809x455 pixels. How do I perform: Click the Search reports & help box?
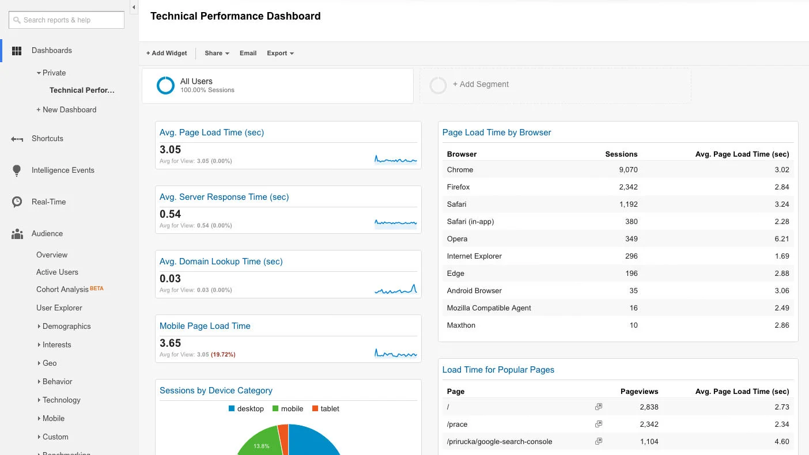[x=67, y=20]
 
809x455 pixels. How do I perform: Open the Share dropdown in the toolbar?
[x=217, y=53]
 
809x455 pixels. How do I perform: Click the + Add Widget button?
[x=167, y=53]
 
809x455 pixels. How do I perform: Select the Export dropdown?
[x=280, y=53]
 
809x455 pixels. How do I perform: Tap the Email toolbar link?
[x=248, y=53]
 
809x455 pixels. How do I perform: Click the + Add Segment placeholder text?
[x=481, y=84]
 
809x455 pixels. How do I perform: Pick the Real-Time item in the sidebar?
[x=48, y=202]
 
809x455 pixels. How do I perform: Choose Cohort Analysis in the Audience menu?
[x=63, y=289]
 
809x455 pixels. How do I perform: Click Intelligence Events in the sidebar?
[x=63, y=170]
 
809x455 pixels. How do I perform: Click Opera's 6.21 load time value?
[x=782, y=239]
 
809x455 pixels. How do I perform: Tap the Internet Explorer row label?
[x=474, y=256]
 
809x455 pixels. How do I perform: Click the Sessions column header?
[x=621, y=154]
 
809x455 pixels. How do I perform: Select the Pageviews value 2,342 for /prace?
[x=649, y=424]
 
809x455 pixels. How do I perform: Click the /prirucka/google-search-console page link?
[x=500, y=442]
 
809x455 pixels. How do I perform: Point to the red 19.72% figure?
[x=224, y=355]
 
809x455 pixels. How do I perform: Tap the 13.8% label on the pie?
[x=262, y=446]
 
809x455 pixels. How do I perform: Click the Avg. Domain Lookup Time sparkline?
[x=395, y=289]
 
